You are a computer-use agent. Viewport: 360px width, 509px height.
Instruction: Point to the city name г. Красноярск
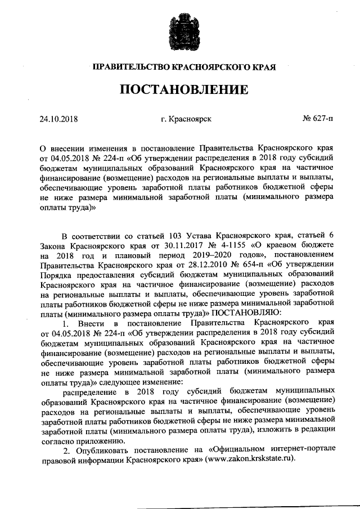pos(186,119)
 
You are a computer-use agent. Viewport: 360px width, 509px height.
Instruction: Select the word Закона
pos(54,245)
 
